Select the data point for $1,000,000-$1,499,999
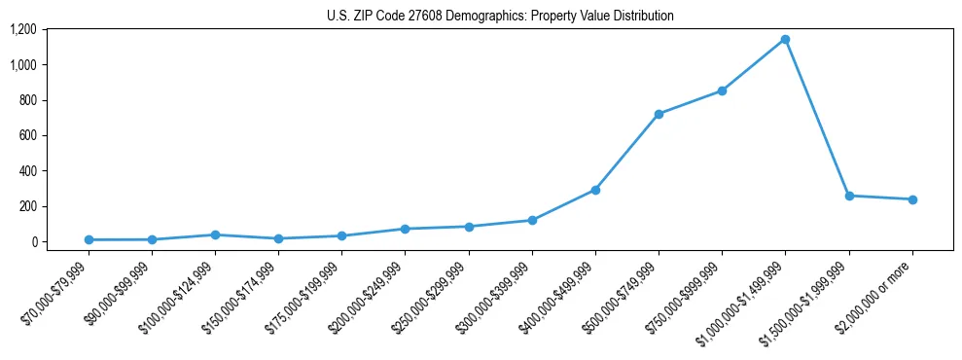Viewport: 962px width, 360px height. pos(786,40)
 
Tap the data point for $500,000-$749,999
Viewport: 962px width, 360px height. pos(659,114)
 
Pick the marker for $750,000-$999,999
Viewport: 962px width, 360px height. pos(722,90)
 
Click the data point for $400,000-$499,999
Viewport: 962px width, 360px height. pos(595,190)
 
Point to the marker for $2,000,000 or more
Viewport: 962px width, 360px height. pos(912,199)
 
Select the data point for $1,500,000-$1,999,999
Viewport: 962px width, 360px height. pos(849,196)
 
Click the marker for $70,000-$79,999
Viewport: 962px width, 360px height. pos(89,239)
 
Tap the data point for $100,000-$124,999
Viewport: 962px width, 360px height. pos(215,234)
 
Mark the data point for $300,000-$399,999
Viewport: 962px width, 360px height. pos(532,220)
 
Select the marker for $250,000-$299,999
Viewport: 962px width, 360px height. pos(469,227)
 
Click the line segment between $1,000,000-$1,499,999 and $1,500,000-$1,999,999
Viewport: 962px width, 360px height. pos(817,118)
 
